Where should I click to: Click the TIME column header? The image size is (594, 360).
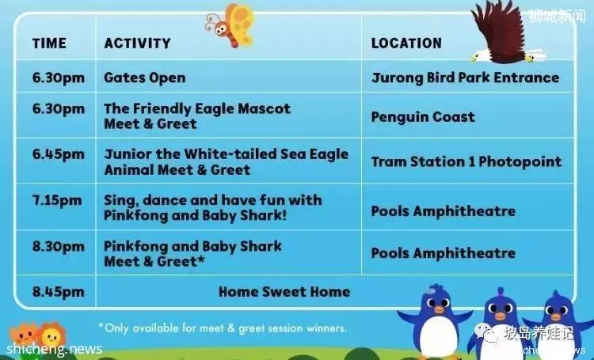pyautogui.click(x=49, y=44)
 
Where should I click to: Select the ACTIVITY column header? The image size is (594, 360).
pyautogui.click(x=138, y=44)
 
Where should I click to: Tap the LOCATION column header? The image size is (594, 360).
pyautogui.click(x=406, y=44)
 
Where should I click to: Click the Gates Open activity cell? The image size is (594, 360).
pyautogui.click(x=145, y=78)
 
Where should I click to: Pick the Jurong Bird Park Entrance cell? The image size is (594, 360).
pyautogui.click(x=465, y=78)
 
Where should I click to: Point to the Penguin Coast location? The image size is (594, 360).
pyautogui.click(x=423, y=117)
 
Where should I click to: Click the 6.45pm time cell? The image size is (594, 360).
pyautogui.click(x=59, y=155)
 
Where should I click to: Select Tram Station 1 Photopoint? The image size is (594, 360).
pyautogui.click(x=466, y=162)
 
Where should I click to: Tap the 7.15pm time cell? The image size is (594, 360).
pyautogui.click(x=57, y=201)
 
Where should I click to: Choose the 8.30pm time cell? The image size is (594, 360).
pyautogui.click(x=59, y=247)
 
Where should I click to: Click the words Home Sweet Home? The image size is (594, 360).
pyautogui.click(x=284, y=292)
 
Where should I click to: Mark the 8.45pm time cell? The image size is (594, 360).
pyautogui.click(x=59, y=292)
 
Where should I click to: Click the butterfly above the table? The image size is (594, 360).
pyautogui.click(x=230, y=25)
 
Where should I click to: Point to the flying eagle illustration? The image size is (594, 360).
pyautogui.click(x=505, y=32)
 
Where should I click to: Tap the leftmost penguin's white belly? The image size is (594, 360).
pyautogui.click(x=439, y=333)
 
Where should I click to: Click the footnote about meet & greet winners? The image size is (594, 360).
pyautogui.click(x=223, y=328)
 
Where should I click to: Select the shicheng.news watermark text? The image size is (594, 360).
pyautogui.click(x=54, y=348)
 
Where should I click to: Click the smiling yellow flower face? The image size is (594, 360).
pyautogui.click(x=51, y=335)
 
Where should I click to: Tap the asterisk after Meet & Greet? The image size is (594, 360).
pyautogui.click(x=201, y=260)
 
